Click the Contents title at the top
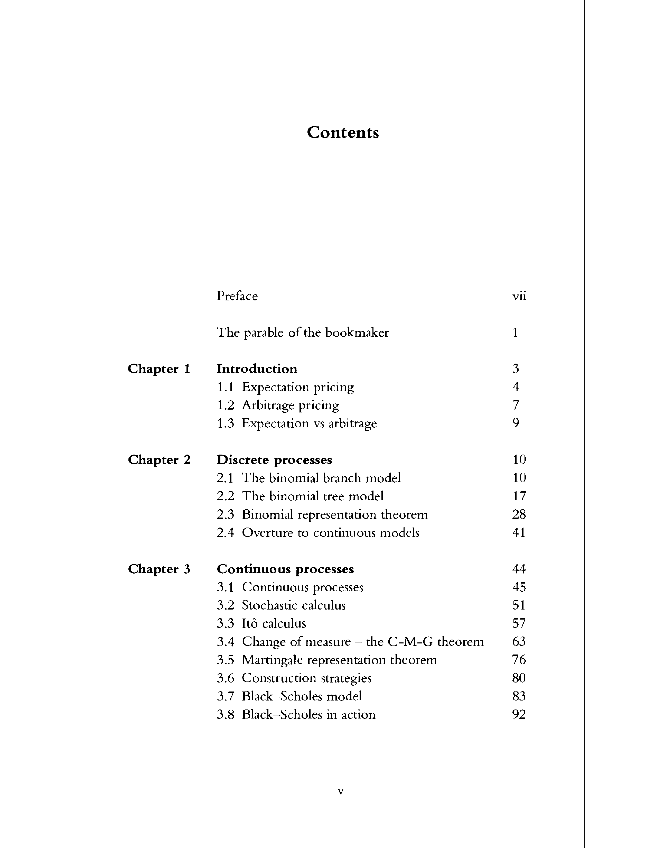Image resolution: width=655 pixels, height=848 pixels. click(343, 133)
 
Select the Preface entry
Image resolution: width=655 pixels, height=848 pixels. click(237, 296)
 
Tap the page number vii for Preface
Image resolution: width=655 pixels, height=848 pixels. click(519, 296)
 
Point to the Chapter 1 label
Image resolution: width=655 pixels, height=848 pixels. click(159, 369)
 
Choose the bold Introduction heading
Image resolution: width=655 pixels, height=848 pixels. click(257, 369)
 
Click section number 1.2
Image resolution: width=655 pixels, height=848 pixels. click(226, 405)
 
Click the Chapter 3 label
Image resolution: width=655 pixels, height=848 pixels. click(159, 569)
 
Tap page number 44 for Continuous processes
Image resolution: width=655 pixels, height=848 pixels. click(519, 569)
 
